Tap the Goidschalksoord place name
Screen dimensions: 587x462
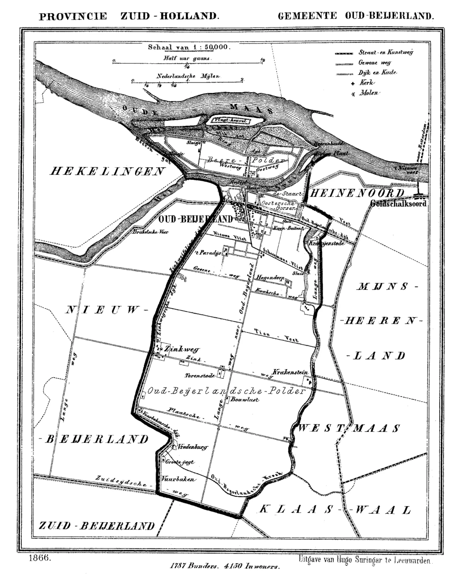tap(398, 203)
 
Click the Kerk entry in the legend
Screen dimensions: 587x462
tap(366, 83)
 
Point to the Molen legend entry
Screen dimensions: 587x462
tap(368, 93)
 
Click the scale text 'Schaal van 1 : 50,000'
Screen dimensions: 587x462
tap(189, 47)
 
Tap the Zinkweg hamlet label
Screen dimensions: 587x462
tap(181, 349)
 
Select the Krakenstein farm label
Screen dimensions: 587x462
tap(290, 372)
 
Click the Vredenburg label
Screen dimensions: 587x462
tap(193, 447)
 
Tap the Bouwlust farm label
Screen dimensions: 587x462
tap(245, 400)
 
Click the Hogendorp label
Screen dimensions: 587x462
tap(270, 277)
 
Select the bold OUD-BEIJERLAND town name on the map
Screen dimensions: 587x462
tap(196, 219)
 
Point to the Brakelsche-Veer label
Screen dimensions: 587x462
tap(151, 232)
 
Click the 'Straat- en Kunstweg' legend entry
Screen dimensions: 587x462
tap(385, 52)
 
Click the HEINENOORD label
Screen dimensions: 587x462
tap(357, 193)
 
